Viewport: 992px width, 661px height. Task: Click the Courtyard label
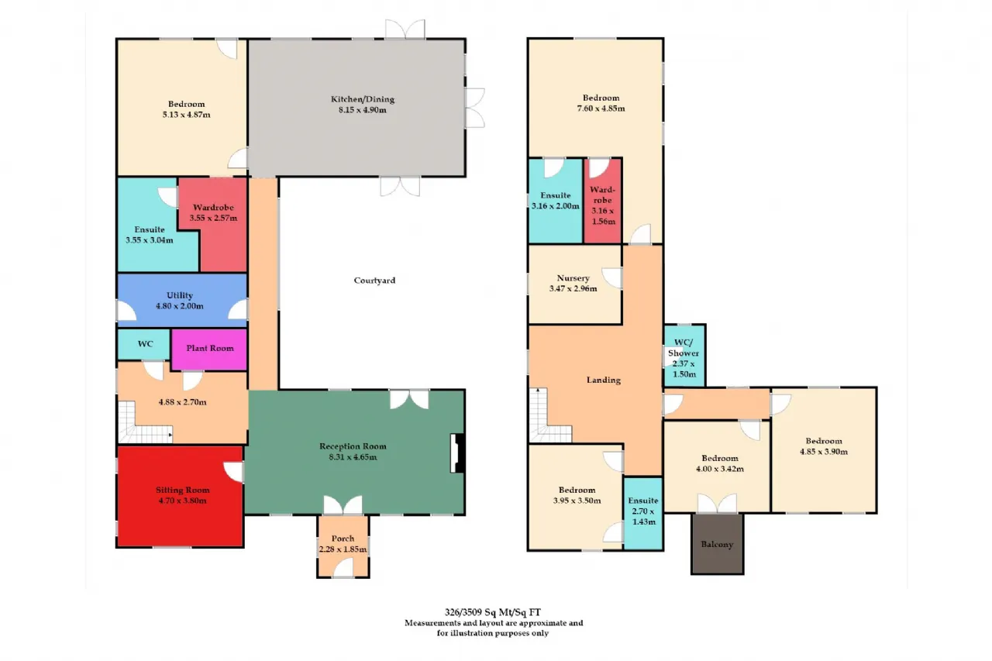[x=374, y=281]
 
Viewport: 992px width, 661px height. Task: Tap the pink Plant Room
[x=209, y=349]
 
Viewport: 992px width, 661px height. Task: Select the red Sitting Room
[x=181, y=496]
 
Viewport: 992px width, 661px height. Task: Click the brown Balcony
[x=718, y=544]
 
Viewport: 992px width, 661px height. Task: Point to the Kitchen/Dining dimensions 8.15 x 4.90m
[x=362, y=110]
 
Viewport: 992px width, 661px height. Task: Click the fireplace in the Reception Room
[x=457, y=453]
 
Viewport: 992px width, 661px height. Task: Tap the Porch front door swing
[x=343, y=568]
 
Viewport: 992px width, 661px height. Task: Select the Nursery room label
[x=573, y=278]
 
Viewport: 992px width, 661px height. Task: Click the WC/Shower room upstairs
[x=684, y=356]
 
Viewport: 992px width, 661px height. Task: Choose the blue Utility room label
[x=180, y=295]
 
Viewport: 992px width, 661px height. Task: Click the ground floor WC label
[x=145, y=344]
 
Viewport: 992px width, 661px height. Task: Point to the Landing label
[x=604, y=380]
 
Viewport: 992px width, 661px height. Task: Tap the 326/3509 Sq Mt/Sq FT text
[x=493, y=612]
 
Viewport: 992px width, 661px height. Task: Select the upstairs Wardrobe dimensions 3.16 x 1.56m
[x=603, y=216]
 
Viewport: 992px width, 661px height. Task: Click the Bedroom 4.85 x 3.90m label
[x=824, y=446]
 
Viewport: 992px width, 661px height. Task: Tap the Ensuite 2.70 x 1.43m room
[x=643, y=514]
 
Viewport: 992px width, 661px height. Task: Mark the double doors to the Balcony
[x=718, y=504]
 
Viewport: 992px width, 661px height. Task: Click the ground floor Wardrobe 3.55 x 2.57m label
[x=213, y=212]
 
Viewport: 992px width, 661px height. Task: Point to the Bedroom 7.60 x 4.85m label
[x=601, y=103]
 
